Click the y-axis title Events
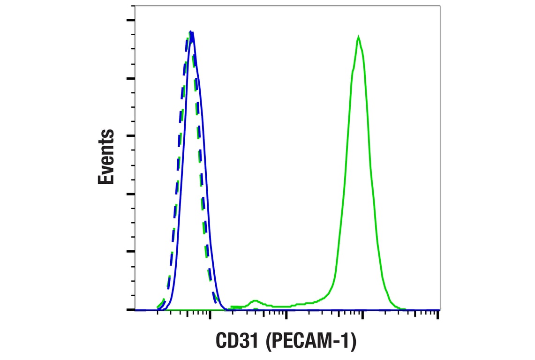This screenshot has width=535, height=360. point(106,157)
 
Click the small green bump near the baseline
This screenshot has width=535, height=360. point(255,301)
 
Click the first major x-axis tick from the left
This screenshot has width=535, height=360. point(210,315)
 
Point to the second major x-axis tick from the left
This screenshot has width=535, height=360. point(286,315)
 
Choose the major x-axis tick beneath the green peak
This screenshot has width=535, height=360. point(362,315)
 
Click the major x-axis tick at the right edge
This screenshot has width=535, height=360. point(437,315)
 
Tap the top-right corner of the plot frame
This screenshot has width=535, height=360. point(440,6)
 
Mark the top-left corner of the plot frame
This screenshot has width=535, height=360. point(135,6)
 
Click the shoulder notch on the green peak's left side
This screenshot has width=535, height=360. point(353,70)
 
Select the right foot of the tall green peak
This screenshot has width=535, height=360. point(399,308)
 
